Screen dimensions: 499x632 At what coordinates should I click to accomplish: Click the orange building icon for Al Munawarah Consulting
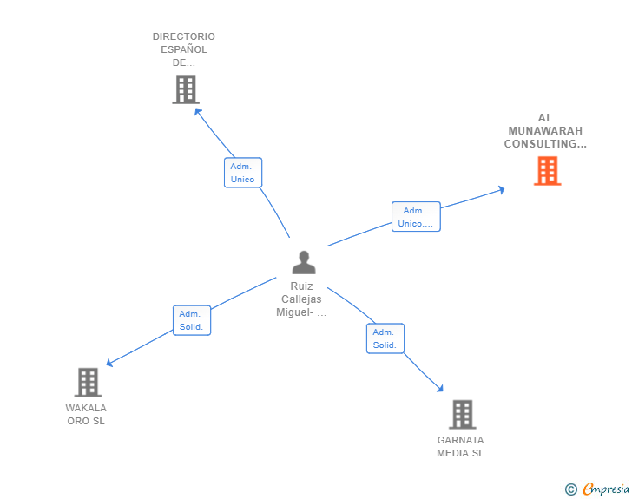point(547,171)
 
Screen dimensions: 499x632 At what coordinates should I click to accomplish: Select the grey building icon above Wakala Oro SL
point(88,382)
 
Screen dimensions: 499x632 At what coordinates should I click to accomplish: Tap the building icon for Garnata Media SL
point(463,414)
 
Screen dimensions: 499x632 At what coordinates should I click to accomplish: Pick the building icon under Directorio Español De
point(185,89)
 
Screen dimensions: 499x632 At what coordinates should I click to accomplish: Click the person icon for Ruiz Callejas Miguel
point(304,262)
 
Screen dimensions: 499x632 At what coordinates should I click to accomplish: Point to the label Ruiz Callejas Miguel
point(301,299)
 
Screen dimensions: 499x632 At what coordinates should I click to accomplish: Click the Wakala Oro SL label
point(86,415)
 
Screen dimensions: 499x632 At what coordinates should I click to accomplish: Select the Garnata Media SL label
point(460,447)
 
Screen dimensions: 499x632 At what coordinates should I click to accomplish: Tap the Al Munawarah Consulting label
point(545,131)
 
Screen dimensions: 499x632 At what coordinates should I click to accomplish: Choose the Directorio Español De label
point(184,49)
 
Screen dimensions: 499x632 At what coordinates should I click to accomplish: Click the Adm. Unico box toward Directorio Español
point(242,173)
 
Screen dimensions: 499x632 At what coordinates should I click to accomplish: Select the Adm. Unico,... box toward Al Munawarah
point(416,217)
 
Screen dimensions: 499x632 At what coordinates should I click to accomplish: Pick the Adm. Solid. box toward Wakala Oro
point(191,320)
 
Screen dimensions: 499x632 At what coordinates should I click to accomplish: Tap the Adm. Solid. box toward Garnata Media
point(385,338)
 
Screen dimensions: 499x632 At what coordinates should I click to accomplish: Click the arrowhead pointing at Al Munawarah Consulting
point(500,189)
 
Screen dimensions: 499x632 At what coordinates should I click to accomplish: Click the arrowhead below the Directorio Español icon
point(198,112)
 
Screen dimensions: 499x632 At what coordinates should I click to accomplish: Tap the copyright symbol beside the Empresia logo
point(570,489)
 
